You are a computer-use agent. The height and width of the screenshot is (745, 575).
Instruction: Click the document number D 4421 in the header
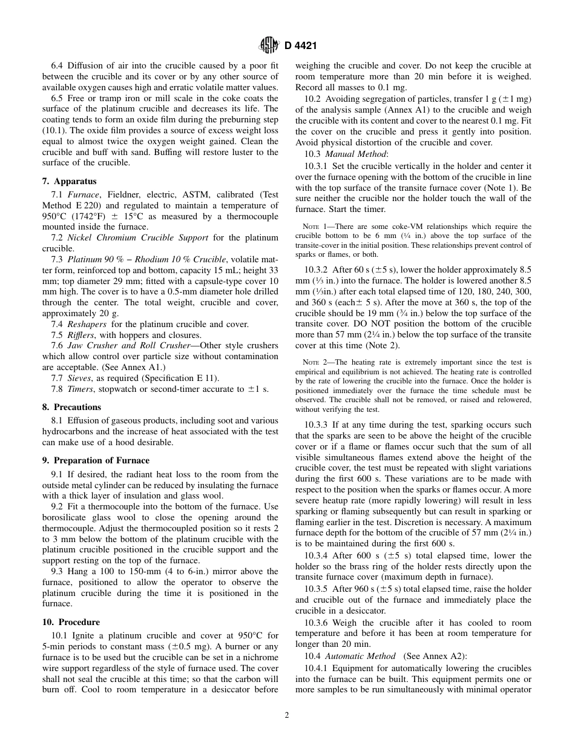pyautogui.click(x=300, y=45)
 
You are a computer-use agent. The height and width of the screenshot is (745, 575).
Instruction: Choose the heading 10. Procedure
pyautogui.click(x=71, y=622)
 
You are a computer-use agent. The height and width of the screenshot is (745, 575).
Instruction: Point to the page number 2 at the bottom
pyautogui.click(x=287, y=715)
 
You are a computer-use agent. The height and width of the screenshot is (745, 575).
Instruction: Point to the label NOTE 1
pyautogui.click(x=315, y=227)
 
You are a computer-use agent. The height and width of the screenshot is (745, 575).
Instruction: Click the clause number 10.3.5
pyautogui.click(x=318, y=589)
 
